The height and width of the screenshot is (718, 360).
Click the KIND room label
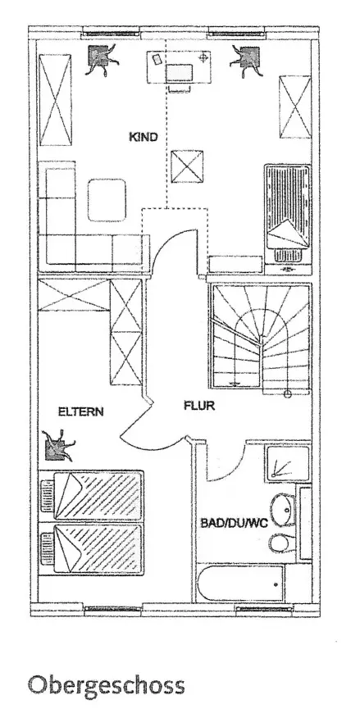pyautogui.click(x=144, y=137)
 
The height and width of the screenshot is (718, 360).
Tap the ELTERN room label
pyautogui.click(x=80, y=411)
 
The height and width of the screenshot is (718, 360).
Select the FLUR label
pyautogui.click(x=199, y=405)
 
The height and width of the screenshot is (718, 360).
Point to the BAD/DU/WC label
pyautogui.click(x=234, y=523)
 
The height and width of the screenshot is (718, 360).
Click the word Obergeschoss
pyautogui.click(x=107, y=686)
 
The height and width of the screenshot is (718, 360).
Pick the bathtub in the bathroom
pyautogui.click(x=241, y=583)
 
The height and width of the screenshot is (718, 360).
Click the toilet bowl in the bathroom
pyautogui.click(x=280, y=544)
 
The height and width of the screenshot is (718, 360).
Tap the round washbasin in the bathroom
pyautogui.click(x=282, y=509)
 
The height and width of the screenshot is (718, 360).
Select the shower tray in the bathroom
pyautogui.click(x=287, y=463)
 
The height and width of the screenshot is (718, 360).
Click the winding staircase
pyautogui.click(x=260, y=336)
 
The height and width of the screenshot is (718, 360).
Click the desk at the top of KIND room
pyautogui.click(x=179, y=67)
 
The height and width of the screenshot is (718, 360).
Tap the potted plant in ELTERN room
pyautogui.click(x=57, y=446)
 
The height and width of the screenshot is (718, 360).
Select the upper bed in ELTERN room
pyautogui.click(x=92, y=496)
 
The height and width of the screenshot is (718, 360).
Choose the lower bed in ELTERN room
pyautogui.click(x=91, y=548)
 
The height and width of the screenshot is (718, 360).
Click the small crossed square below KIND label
pyautogui.click(x=187, y=166)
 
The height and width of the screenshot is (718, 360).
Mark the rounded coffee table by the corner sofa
pyautogui.click(x=107, y=200)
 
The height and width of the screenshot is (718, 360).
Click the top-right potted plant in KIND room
pyautogui.click(x=248, y=60)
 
